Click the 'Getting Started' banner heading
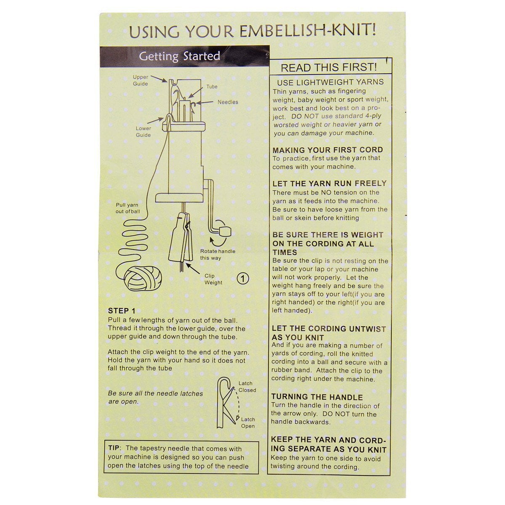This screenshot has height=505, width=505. pyautogui.click(x=179, y=56)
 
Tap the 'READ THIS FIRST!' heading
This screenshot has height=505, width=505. pyautogui.click(x=329, y=67)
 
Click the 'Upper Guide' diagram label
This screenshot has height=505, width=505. pyautogui.click(x=141, y=80)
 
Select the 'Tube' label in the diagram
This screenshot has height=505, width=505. pyautogui.click(x=212, y=87)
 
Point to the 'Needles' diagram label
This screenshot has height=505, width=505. pyautogui.click(x=228, y=102)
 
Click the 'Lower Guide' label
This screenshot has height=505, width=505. pyautogui.click(x=144, y=132)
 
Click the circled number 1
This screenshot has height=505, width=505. pyautogui.click(x=243, y=279)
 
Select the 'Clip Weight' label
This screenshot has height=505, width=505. pyautogui.click(x=213, y=279)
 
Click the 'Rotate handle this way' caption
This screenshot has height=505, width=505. pyautogui.click(x=218, y=255)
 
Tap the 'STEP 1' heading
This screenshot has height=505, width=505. pyautogui.click(x=122, y=311)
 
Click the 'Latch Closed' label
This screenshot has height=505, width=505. pyautogui.click(x=247, y=387)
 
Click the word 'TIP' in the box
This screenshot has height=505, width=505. pyautogui.click(x=114, y=448)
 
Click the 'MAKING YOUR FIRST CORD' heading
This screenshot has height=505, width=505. pyautogui.click(x=327, y=150)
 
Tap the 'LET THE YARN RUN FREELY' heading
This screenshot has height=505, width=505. pyautogui.click(x=330, y=183)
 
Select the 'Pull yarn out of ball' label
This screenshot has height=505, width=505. pyautogui.click(x=128, y=208)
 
